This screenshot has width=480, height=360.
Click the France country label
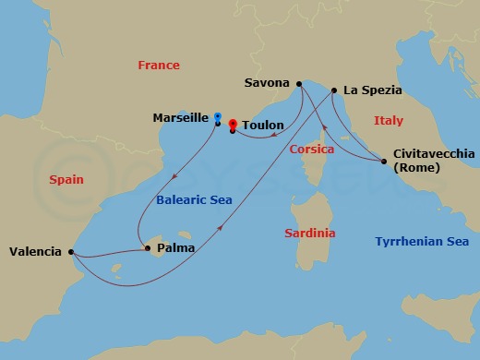coord(158,66)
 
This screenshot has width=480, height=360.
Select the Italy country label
coord(389,121)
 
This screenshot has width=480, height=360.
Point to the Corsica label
coord(311,149)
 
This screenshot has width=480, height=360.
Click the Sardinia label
coord(309,234)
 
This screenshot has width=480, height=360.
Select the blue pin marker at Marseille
coord(217,117)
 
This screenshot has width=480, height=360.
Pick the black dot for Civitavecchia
coord(384,162)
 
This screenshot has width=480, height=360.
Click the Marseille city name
coord(182,117)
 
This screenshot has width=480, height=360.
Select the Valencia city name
coord(35,251)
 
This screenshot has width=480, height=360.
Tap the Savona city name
coord(267,83)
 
